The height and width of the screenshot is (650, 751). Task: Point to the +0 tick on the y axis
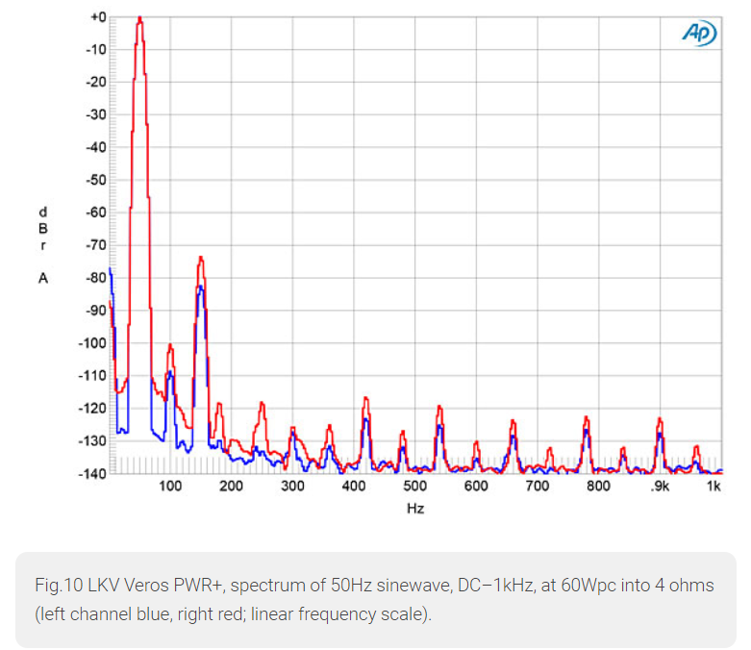(x=97, y=17)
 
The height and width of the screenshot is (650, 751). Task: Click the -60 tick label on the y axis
(x=95, y=212)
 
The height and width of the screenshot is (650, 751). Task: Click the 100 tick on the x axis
(x=170, y=487)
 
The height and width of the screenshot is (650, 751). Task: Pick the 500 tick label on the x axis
(x=414, y=487)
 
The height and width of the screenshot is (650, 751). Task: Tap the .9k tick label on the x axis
(x=659, y=487)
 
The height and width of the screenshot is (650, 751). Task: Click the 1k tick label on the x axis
(x=713, y=487)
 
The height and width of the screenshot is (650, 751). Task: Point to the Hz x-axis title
(x=414, y=508)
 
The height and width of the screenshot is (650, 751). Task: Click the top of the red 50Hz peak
(x=139, y=18)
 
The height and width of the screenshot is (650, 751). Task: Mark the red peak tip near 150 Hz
(x=201, y=257)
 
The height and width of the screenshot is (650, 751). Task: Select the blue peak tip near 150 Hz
(x=200, y=287)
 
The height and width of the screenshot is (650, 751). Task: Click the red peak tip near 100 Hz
(x=170, y=344)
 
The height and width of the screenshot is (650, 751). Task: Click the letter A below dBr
(x=42, y=278)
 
